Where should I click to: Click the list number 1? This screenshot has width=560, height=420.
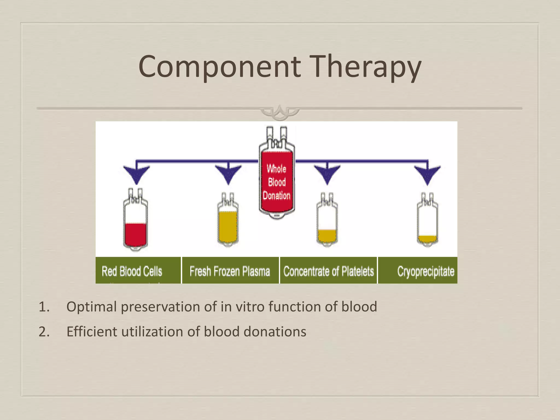pos(44,307)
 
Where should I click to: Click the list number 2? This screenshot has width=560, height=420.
pos(44,332)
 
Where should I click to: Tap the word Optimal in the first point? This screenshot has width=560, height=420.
pos(91,307)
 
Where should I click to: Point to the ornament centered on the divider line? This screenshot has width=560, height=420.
pos(280,112)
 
